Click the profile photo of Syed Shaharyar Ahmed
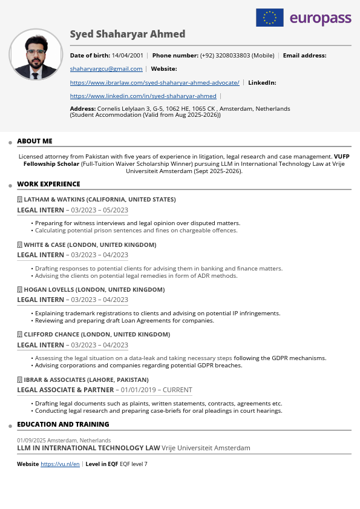pyautogui.click(x=36, y=54)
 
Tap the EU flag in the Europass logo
pyautogui.click(x=270, y=18)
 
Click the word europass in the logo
pyautogui.click(x=320, y=19)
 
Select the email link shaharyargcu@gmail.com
pyautogui.click(x=106, y=69)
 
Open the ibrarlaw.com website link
pyautogui.click(x=154, y=82)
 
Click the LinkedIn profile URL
pyautogui.click(x=143, y=96)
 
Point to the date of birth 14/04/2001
pyautogui.click(x=127, y=55)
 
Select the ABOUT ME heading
pyautogui.click(x=34, y=141)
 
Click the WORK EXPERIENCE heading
pyautogui.click(x=48, y=184)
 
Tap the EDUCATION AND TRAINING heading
pyautogui.click(x=63, y=424)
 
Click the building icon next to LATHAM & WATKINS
pyautogui.click(x=19, y=199)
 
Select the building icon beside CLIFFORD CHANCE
pyautogui.click(x=19, y=334)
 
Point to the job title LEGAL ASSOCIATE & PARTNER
pyautogui.click(x=65, y=390)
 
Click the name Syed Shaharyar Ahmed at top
pyautogui.click(x=128, y=34)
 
